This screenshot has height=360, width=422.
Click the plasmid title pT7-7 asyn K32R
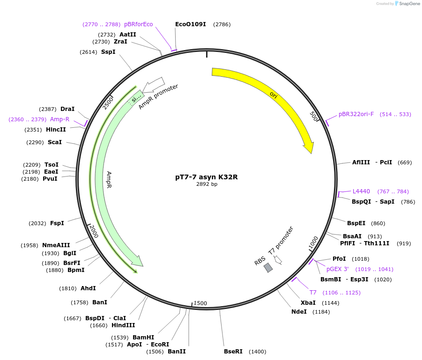(x=207, y=177)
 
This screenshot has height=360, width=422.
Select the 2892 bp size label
(x=207, y=184)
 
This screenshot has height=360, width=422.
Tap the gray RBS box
(x=268, y=267)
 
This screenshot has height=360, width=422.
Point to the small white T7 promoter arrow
(x=278, y=259)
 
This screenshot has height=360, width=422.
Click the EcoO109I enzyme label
(x=190, y=24)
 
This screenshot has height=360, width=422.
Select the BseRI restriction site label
(x=233, y=352)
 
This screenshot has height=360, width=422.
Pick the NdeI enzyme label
(x=299, y=311)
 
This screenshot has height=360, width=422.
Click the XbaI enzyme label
(x=308, y=303)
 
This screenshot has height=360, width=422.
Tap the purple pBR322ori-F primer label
(x=356, y=114)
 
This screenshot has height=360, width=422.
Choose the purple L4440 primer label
(x=361, y=191)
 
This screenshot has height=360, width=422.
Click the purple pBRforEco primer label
(x=138, y=24)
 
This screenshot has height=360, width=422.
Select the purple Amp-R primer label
(x=59, y=119)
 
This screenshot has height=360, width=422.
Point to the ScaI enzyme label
(x=55, y=142)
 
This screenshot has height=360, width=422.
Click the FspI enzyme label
(x=57, y=223)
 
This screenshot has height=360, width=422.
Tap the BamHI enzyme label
(x=143, y=338)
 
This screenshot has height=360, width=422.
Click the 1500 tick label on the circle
(x=200, y=303)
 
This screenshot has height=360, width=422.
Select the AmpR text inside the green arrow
(x=109, y=179)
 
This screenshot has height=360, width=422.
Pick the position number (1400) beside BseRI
(x=257, y=352)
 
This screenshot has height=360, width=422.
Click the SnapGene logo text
(x=409, y=4)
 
